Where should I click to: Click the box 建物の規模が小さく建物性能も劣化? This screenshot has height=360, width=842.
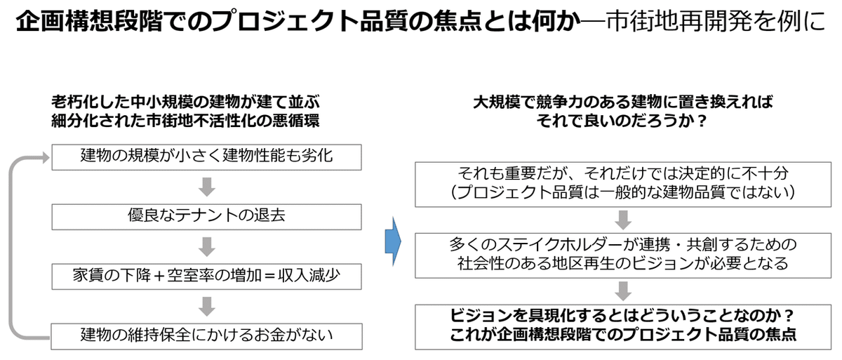click(x=207, y=156)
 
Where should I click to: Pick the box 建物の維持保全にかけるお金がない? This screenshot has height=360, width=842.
click(x=207, y=333)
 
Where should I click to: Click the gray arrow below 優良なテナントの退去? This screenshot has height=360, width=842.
click(x=206, y=246)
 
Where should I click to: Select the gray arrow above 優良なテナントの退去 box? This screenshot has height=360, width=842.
click(x=206, y=186)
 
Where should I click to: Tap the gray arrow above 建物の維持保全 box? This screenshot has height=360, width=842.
click(x=206, y=306)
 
